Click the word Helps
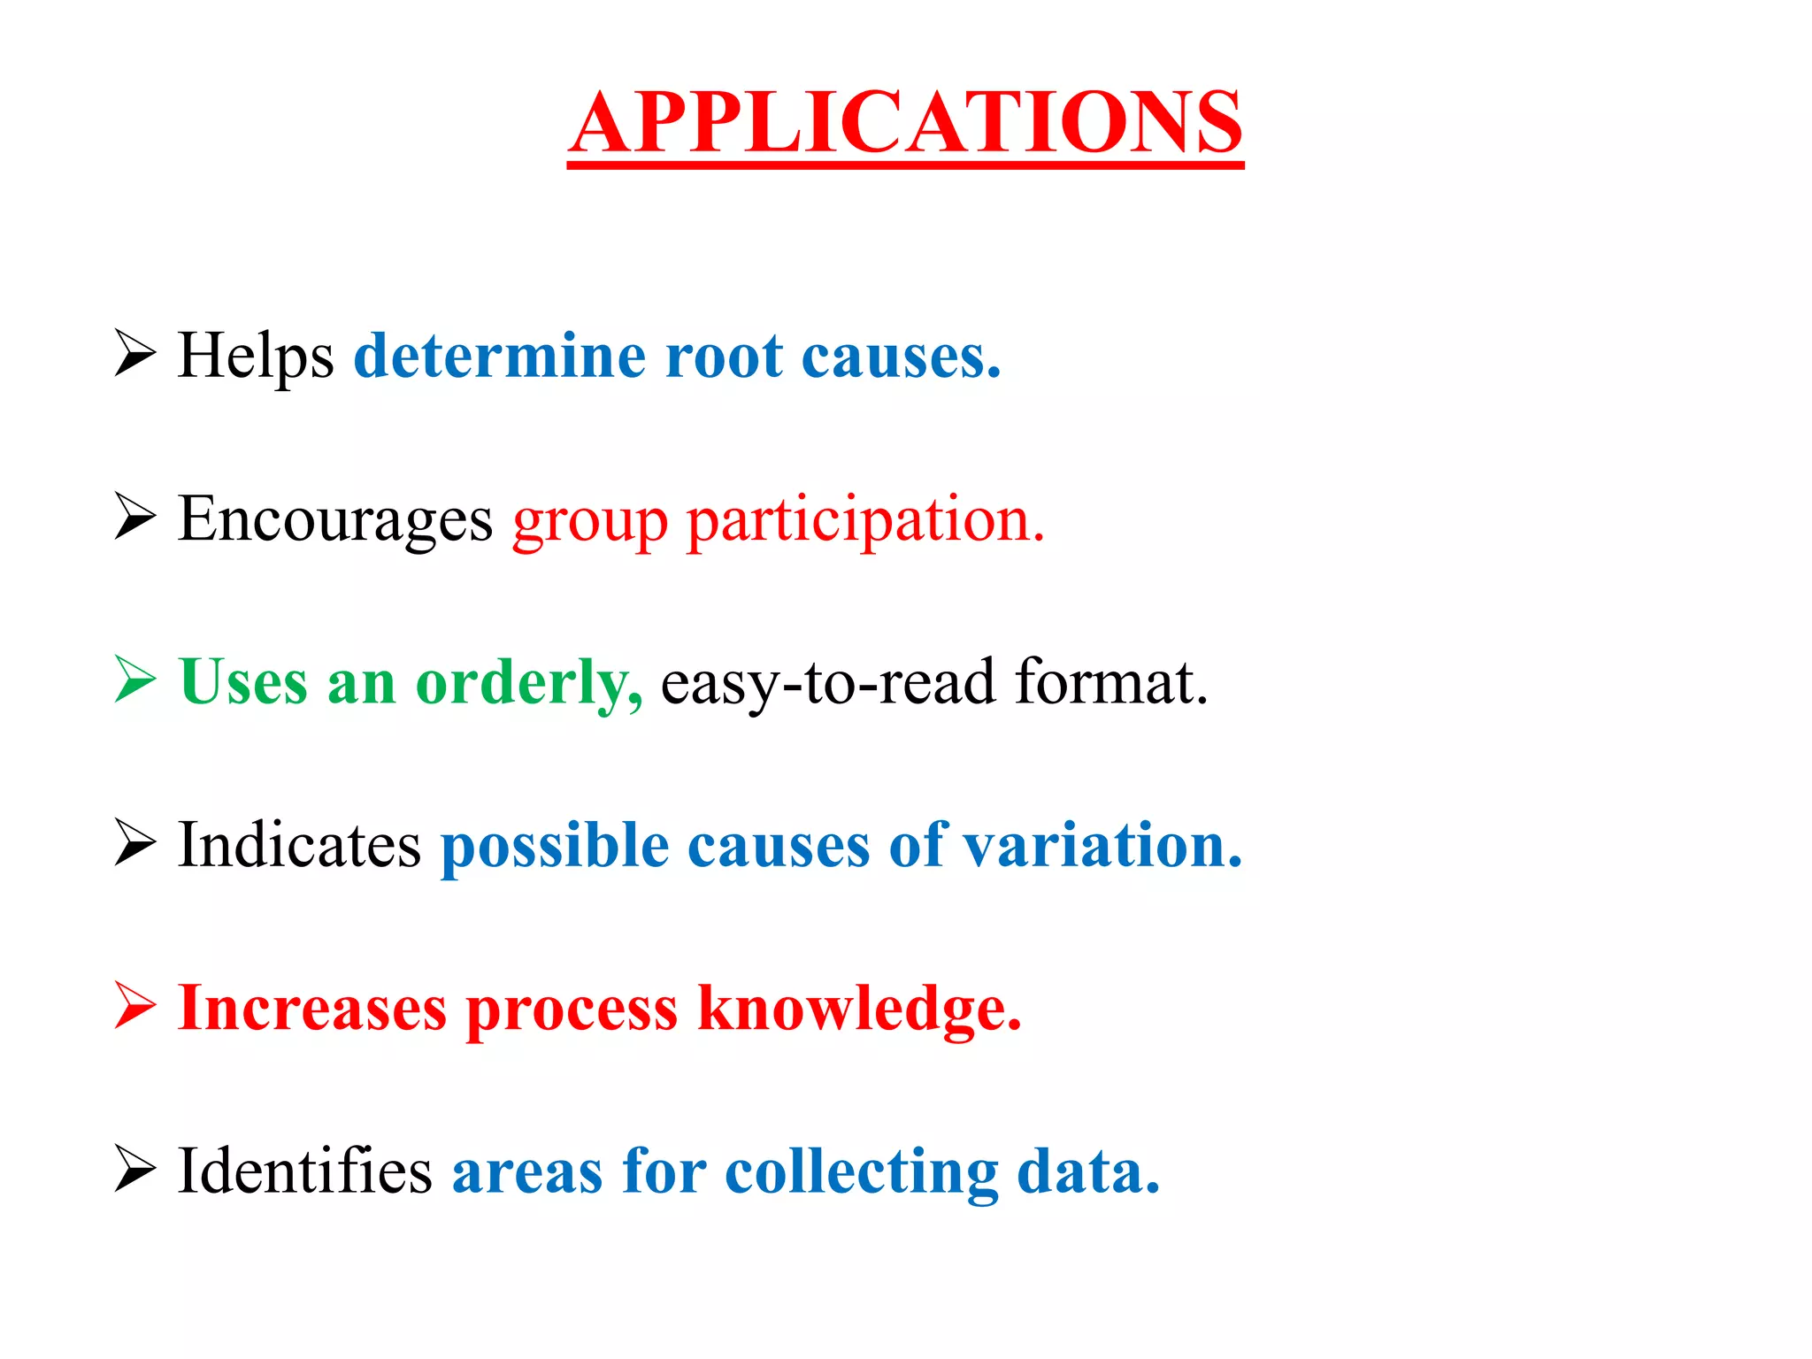(x=256, y=356)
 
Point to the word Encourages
(x=335, y=519)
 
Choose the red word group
(x=590, y=522)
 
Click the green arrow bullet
(x=135, y=680)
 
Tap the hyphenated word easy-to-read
(x=828, y=684)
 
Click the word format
(x=1111, y=682)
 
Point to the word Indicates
(x=299, y=845)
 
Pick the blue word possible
(x=555, y=847)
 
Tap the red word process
(x=572, y=1010)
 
